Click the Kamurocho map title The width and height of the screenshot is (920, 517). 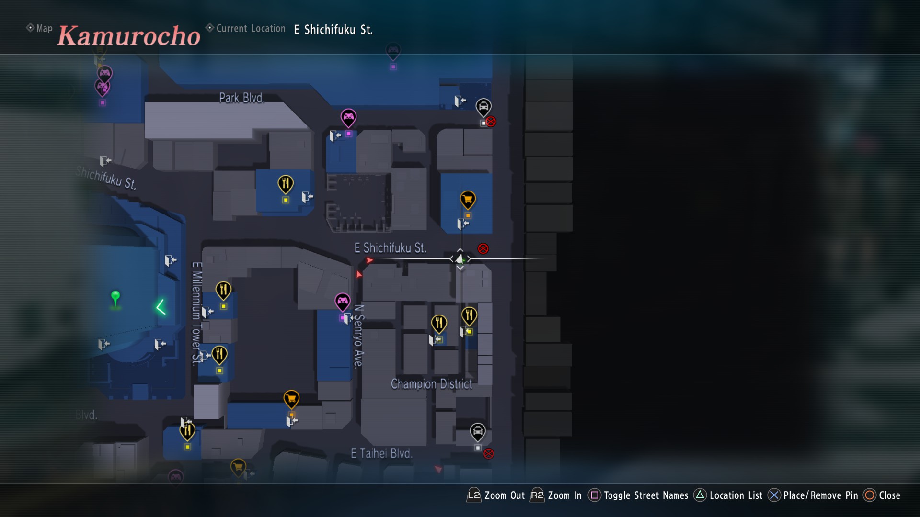[128, 36]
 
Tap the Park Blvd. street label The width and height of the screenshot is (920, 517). [242, 98]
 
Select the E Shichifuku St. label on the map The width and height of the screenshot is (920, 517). [390, 248]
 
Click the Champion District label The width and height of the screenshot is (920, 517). [431, 384]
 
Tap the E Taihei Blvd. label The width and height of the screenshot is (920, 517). [381, 453]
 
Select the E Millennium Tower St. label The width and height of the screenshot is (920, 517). [196, 314]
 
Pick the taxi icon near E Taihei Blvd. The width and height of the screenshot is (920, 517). [477, 431]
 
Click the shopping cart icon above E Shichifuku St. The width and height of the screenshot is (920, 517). [468, 199]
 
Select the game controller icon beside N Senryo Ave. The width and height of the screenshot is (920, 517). [342, 302]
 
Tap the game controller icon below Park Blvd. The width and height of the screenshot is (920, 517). [348, 117]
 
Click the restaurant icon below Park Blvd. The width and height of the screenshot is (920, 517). [286, 183]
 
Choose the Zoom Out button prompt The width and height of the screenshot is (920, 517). [496, 495]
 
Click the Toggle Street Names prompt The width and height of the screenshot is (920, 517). [639, 495]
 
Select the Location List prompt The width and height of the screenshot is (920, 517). [728, 495]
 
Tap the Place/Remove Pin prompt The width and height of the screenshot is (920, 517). [813, 495]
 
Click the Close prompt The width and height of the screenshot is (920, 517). [882, 495]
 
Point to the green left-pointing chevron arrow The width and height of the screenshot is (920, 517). [161, 307]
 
